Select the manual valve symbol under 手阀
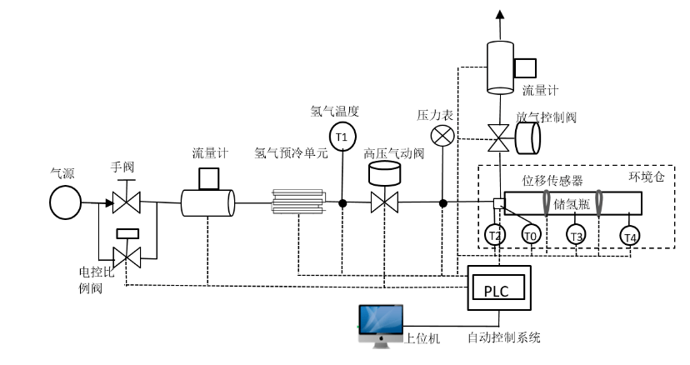click(127, 202)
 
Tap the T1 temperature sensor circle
click(341, 135)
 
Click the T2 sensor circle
click(495, 236)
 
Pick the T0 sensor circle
click(531, 236)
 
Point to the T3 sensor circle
click(576, 236)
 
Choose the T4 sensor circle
click(629, 237)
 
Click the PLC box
click(497, 290)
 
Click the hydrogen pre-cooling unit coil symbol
click(297, 202)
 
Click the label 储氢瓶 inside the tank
click(571, 203)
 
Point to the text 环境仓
click(646, 178)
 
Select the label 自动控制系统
click(503, 337)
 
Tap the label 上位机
click(422, 337)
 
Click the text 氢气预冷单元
click(292, 153)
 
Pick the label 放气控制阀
click(546, 117)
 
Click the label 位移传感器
click(552, 180)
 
